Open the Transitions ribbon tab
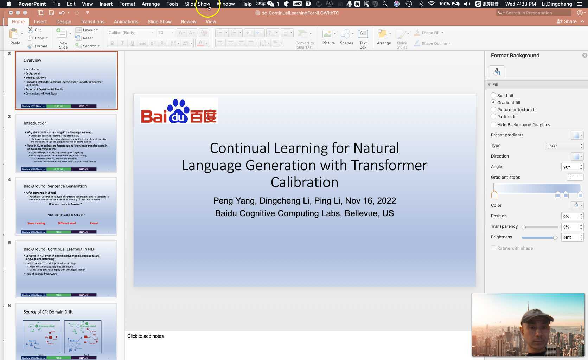[92, 21]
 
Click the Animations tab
[126, 21]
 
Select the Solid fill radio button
[493, 95]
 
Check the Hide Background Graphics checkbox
[493, 124]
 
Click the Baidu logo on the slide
[179, 111]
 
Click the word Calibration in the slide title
[304, 182]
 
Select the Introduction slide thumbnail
[66, 143]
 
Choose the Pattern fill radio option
[493, 116]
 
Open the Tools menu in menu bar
[172, 4]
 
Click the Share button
[567, 21]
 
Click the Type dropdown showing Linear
[564, 146]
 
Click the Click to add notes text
[145, 336]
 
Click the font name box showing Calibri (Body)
[130, 33]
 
